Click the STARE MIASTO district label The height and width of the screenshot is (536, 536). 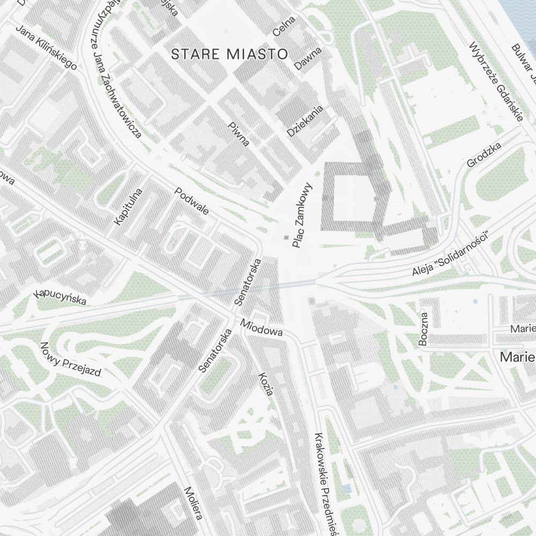point(229,54)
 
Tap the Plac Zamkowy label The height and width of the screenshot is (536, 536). point(302,215)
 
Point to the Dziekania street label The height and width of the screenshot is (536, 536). point(306,121)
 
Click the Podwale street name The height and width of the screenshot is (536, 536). point(191,201)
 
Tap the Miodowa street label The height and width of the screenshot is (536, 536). point(261,328)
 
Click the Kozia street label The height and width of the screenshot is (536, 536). point(266,384)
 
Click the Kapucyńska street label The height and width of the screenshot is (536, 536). point(60,296)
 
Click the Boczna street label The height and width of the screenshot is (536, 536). point(424,329)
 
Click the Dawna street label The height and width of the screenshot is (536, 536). point(308,58)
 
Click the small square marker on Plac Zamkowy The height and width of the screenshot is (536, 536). point(286,237)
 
